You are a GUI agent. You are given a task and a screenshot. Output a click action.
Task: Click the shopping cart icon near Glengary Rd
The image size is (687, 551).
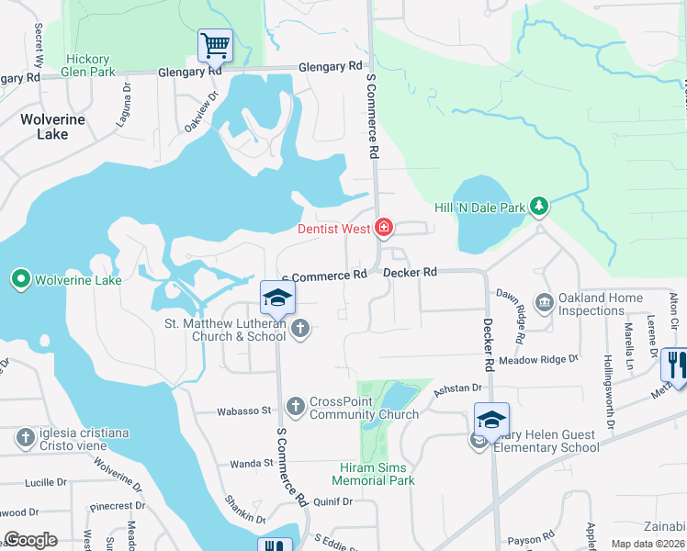click(215, 43)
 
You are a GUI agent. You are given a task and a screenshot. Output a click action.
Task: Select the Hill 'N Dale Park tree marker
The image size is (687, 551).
click(540, 207)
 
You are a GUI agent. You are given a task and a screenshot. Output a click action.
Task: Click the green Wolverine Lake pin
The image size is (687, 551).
click(20, 278)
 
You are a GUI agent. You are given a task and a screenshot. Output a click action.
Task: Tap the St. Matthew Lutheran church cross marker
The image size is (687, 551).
click(299, 328)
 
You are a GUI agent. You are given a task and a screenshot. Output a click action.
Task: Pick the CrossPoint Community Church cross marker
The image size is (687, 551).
click(295, 405)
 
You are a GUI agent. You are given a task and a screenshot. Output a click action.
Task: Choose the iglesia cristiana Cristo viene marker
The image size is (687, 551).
click(25, 437)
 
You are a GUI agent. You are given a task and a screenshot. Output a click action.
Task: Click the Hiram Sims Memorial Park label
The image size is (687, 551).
click(372, 474)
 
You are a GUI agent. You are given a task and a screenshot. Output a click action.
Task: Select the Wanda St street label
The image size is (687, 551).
click(245, 464)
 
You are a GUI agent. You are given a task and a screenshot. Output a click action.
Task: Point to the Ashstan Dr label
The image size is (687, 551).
click(458, 389)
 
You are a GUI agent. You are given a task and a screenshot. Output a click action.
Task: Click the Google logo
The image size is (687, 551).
click(30, 540)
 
